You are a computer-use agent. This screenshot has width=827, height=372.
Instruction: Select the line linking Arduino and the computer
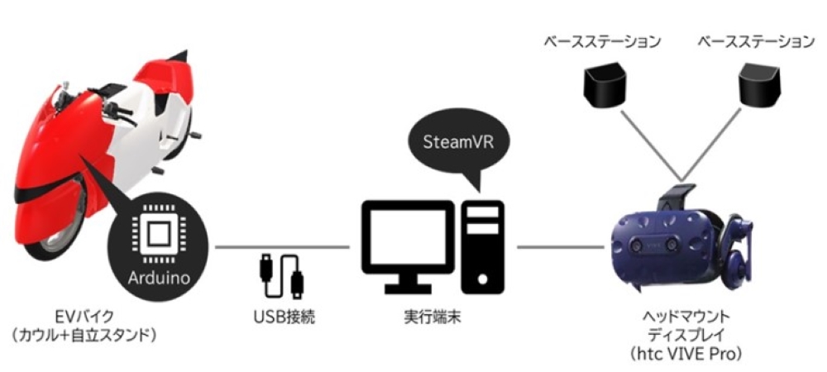click(248, 246)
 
